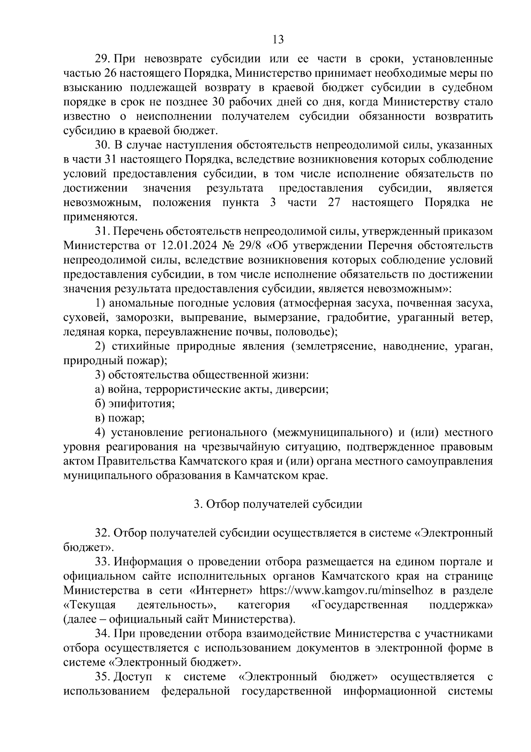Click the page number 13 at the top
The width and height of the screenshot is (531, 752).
278,40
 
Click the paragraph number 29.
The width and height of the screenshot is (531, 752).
103,59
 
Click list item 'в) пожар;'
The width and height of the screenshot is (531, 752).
120,418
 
